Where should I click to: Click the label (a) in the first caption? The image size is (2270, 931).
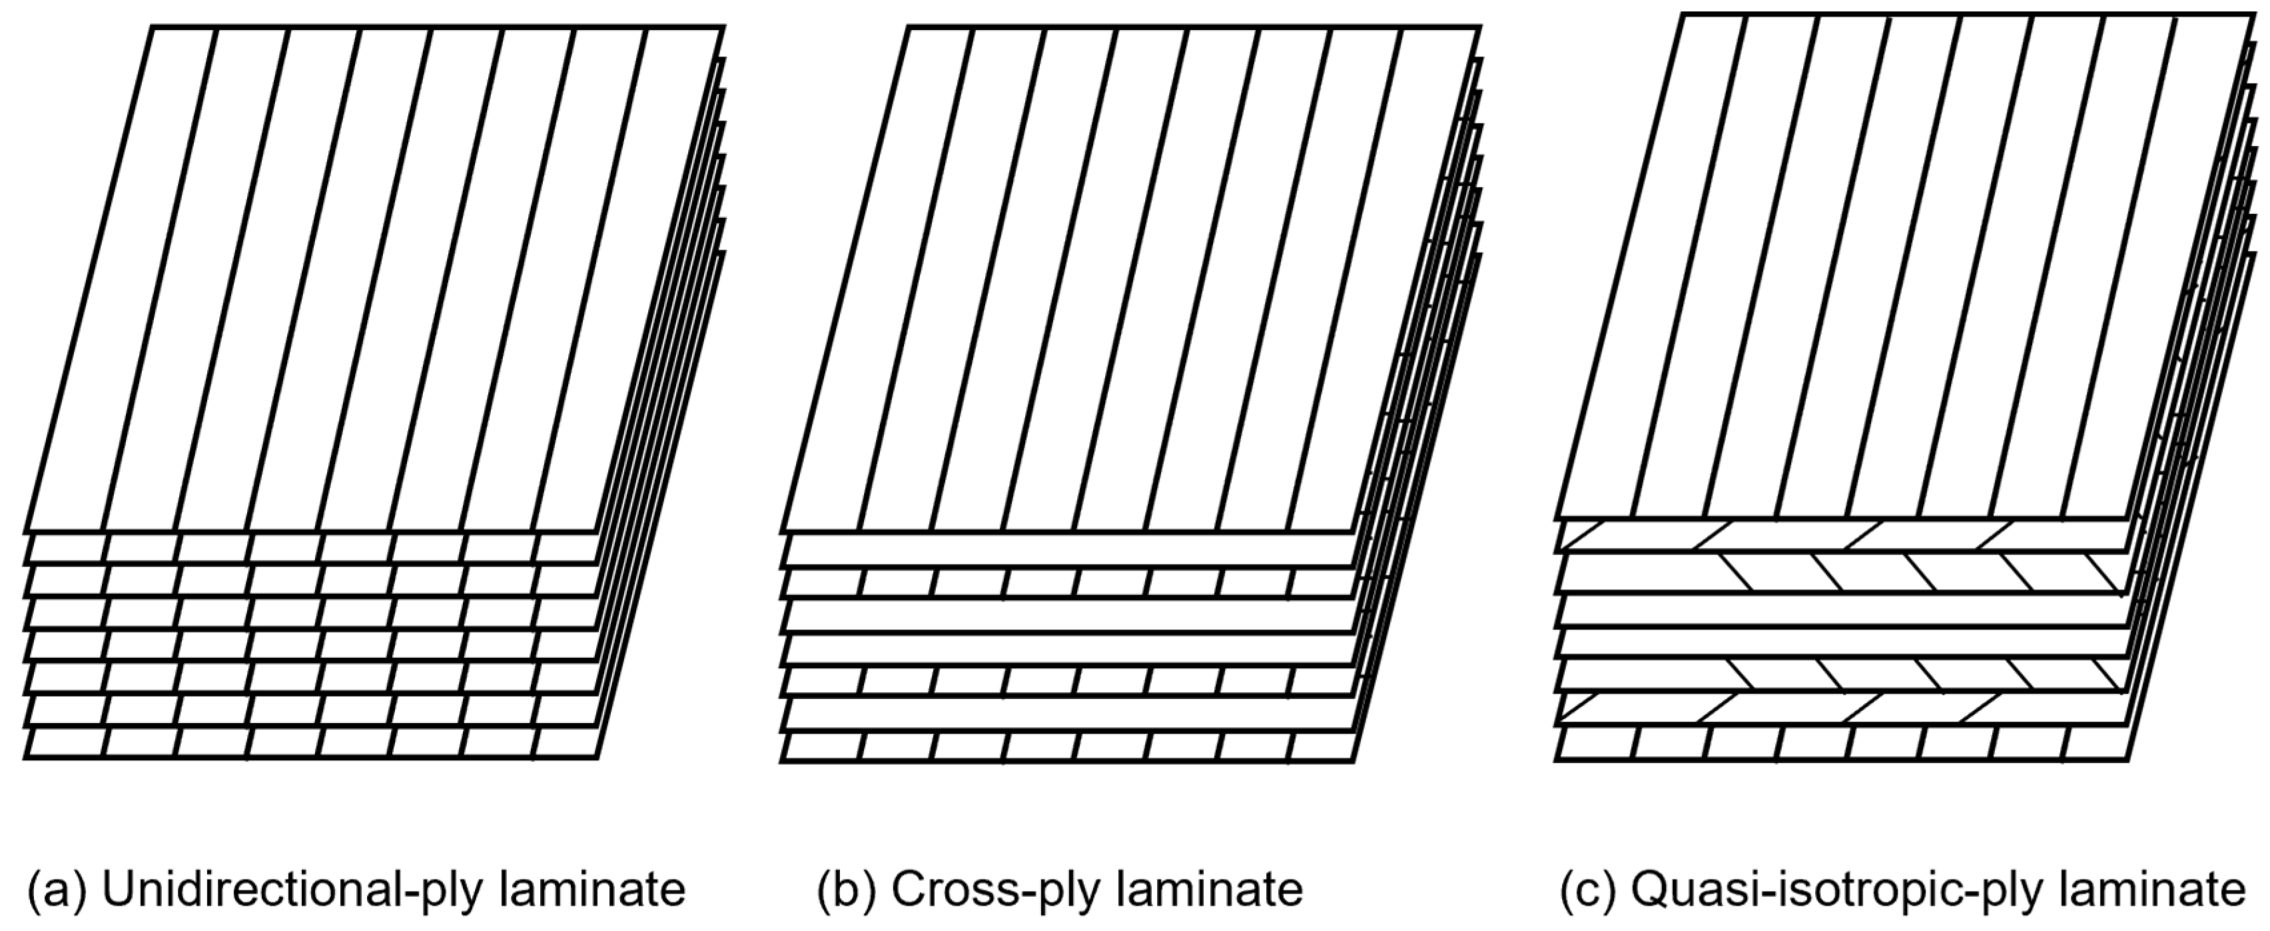[58, 890]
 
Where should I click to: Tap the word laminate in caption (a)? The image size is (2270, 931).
[592, 890]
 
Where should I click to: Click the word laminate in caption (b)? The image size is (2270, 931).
[1209, 890]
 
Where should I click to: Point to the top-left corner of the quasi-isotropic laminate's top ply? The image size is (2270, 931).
[1683, 14]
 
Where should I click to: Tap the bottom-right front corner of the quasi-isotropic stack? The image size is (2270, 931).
[2129, 758]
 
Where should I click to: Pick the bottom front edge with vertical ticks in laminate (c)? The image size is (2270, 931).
[1842, 742]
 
